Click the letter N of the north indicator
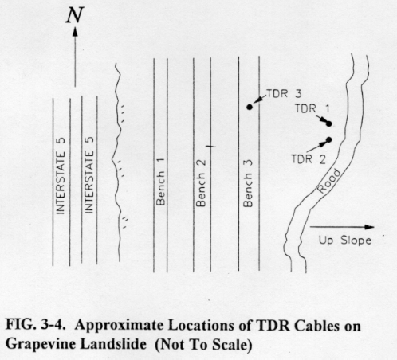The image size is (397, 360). coord(75,15)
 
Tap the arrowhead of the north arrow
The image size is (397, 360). coord(75,31)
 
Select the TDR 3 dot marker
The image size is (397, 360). coord(250,107)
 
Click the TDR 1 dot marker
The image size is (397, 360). coord(329,123)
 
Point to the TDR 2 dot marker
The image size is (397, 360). coord(329,139)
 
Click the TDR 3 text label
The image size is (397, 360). coord(284,94)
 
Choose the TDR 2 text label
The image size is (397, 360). coord(309,159)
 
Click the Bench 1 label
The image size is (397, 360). coord(160,182)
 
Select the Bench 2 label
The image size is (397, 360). coord(201,183)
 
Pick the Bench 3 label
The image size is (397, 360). coord(248,183)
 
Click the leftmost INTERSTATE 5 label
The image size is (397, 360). coord(61,175)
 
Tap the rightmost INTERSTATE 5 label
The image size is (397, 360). coord(89,175)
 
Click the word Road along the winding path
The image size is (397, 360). coord(329,181)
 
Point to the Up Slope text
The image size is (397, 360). coord(345,241)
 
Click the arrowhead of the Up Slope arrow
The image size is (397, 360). coord(369,227)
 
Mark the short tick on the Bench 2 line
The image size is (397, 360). coord(211,146)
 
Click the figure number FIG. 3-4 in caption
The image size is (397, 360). coord(36,325)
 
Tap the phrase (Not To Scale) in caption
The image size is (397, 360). coord(203,345)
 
